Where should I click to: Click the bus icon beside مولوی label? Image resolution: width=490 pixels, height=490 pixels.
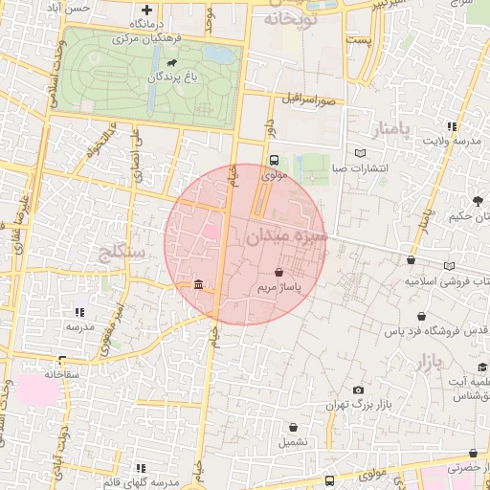point(274,161)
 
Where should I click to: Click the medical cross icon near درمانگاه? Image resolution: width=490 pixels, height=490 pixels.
point(146,10)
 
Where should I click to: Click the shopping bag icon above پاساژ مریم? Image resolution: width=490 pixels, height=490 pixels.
point(278,273)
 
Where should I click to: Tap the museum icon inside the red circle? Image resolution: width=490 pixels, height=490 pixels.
point(197,283)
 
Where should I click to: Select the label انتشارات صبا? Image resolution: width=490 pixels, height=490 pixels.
point(358,169)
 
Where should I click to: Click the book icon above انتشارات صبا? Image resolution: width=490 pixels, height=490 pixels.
point(360,153)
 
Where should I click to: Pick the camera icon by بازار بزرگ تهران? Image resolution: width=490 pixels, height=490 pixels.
point(358,390)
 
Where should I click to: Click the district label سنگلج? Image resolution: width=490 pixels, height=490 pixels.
point(122,253)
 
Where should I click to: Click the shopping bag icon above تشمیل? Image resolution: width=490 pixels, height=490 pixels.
point(294,426)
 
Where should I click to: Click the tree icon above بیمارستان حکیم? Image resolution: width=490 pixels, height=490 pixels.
point(477,200)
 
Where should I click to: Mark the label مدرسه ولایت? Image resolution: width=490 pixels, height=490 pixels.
point(449,142)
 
